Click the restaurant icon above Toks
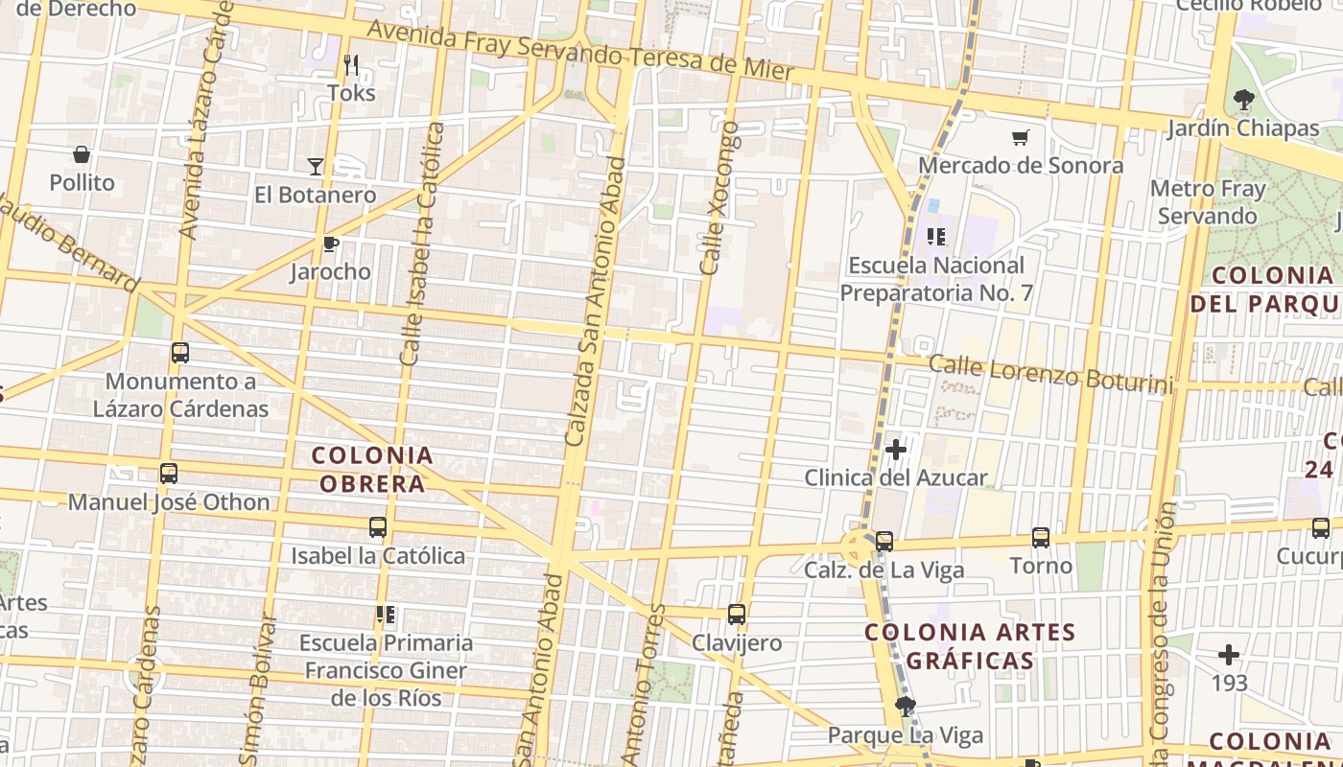tap(351, 65)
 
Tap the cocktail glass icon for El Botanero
tap(316, 167)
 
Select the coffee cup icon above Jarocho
tap(331, 244)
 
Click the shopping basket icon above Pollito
tap(82, 154)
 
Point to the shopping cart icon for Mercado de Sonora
tap(1021, 138)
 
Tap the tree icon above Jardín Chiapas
tap(1244, 99)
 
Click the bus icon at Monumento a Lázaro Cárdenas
tap(180, 353)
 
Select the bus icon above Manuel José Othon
tap(169, 474)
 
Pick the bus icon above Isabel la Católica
tap(378, 527)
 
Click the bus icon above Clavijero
tap(737, 615)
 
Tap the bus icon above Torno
tap(1041, 538)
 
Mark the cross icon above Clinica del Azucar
tap(896, 449)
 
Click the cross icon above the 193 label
tap(1229, 655)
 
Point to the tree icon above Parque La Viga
tap(905, 708)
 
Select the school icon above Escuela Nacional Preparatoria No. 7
tap(936, 236)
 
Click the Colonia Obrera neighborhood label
tap(372, 469)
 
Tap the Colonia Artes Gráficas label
tap(970, 646)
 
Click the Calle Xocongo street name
tap(719, 198)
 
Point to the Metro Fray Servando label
tap(1208, 201)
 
